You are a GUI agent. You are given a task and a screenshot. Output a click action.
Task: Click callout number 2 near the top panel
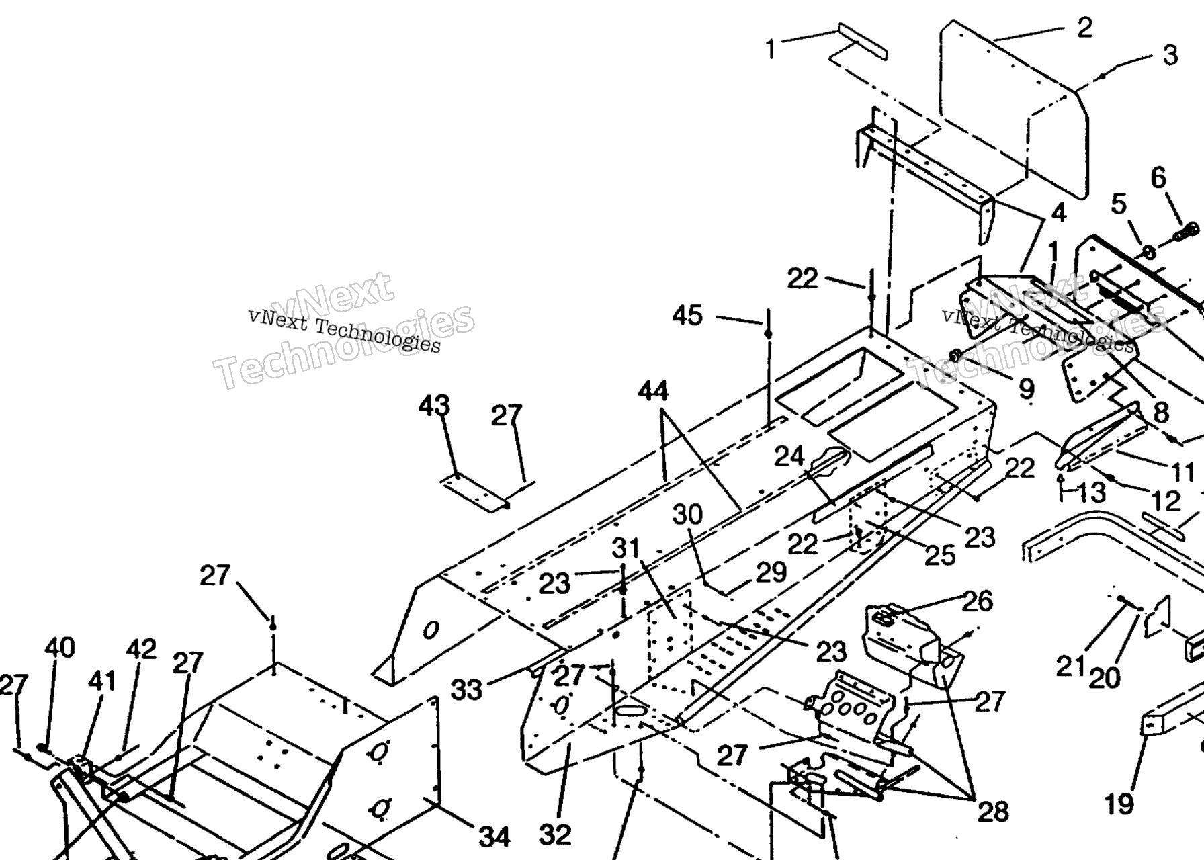1084,28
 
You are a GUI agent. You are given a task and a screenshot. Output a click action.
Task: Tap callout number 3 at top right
1170,55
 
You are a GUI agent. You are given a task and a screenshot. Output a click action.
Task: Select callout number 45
687,315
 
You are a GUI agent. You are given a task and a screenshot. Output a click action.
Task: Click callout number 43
434,406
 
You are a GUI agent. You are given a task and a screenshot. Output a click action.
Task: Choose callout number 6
1158,178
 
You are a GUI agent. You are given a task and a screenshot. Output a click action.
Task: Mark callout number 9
1026,388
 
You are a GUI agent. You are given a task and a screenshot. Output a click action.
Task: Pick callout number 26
978,601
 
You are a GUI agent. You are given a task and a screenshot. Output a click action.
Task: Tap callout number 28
993,812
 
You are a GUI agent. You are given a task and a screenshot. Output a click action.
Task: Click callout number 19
1119,804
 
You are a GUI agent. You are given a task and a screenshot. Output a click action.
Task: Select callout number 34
494,836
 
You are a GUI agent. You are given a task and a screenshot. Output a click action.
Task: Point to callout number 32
555,834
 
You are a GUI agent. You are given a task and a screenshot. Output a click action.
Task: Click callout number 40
60,648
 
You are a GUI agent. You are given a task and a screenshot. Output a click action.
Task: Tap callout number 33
466,689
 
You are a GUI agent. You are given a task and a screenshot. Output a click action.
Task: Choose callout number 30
687,515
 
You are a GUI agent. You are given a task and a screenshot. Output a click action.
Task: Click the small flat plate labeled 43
474,492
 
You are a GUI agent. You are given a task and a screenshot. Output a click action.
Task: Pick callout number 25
940,555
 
